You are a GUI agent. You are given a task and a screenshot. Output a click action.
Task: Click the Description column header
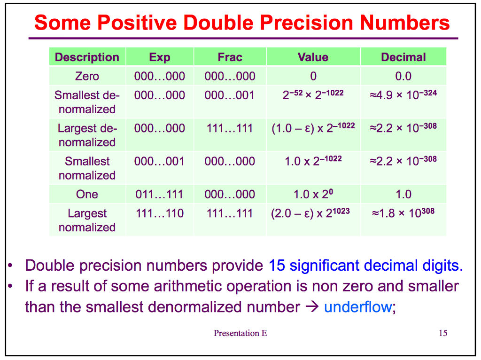tap(87, 57)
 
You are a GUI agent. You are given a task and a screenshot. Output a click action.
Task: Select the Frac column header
tap(230, 57)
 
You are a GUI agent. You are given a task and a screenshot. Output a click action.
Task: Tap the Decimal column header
tap(403, 57)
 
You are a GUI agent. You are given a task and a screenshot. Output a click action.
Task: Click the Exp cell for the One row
tap(159, 194)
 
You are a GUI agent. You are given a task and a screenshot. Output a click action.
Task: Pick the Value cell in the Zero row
tap(313, 76)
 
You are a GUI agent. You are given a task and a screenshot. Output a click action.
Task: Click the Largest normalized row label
tap(87, 220)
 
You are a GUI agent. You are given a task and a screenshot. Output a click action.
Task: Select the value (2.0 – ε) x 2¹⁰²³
tap(310, 213)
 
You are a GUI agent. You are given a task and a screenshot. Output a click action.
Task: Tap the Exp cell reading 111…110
tap(159, 213)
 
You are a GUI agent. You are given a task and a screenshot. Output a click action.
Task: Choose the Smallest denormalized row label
tap(87, 102)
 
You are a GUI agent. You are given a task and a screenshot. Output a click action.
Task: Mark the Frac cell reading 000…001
tap(230, 95)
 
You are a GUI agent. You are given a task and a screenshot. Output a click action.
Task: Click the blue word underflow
tap(357, 307)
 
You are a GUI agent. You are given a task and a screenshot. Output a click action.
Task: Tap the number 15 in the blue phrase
tap(277, 266)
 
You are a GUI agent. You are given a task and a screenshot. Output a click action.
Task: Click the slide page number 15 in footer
tap(442, 333)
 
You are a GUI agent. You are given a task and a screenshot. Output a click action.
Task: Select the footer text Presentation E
tap(240, 333)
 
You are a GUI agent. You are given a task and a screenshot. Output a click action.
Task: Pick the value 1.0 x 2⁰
tap(313, 194)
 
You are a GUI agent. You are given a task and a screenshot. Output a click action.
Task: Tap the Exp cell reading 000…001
tap(159, 161)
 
